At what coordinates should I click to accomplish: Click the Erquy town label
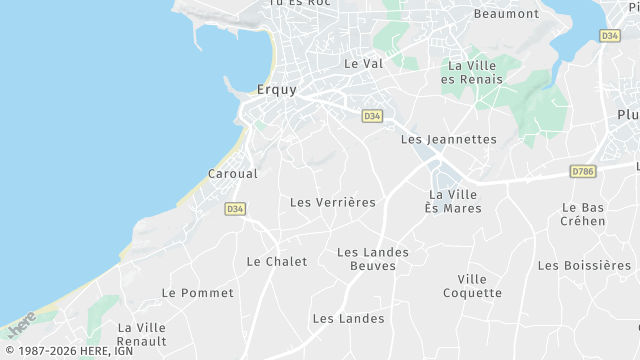277,89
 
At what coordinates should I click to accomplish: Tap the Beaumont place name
506,13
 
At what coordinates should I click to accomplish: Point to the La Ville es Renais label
474,72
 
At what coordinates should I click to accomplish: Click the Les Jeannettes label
448,139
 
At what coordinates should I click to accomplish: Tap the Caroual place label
232,173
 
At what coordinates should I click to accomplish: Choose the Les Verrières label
333,202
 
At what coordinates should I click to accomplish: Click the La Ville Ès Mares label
453,201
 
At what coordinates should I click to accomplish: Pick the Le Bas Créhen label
583,214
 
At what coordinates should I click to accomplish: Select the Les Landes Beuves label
366,258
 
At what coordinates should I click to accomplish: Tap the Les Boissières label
584,265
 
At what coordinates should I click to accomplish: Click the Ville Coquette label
473,286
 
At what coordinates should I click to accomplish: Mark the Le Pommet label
197,293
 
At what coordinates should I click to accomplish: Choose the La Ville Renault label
142,334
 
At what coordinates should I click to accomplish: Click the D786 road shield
582,172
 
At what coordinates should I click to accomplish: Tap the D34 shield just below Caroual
235,209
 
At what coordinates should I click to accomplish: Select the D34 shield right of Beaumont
610,35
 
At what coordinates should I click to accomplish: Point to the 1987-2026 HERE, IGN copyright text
68,351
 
